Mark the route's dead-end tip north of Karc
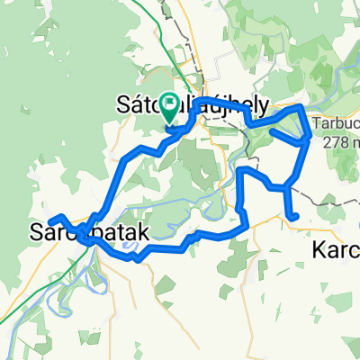296,217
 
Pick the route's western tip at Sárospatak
51,219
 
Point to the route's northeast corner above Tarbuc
301,107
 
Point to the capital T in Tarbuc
317,124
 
